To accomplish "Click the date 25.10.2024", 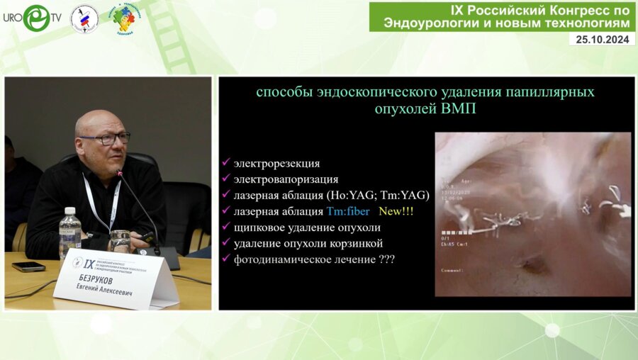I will click(x=602, y=40).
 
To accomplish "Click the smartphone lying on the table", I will click(x=28, y=266).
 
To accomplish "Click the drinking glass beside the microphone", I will click(x=121, y=240).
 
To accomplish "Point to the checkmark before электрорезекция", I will click(x=225, y=164).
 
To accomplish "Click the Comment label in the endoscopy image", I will click(x=452, y=270).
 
